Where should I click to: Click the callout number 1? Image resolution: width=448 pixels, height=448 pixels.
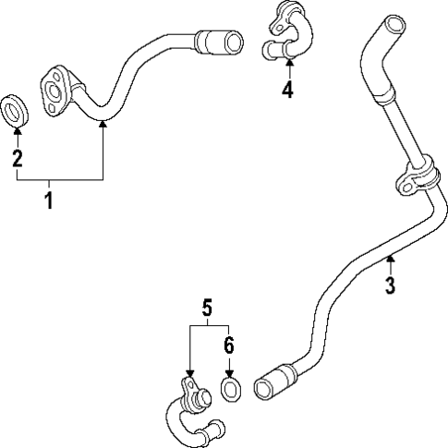point(49,200)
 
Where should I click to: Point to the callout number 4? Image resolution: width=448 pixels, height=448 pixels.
point(288,90)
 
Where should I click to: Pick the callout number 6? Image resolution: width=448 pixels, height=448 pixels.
point(229,345)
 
